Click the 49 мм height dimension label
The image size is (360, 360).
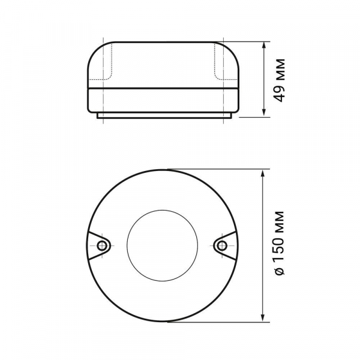[x=280, y=80]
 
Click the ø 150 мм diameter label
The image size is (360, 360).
[x=280, y=243]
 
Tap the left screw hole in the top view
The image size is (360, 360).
[x=102, y=246]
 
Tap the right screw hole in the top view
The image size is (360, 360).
[x=221, y=246]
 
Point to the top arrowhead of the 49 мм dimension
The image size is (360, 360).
[x=264, y=45]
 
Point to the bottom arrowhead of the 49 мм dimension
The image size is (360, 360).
[x=264, y=113]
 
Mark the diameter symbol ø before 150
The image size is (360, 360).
[x=280, y=272]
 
